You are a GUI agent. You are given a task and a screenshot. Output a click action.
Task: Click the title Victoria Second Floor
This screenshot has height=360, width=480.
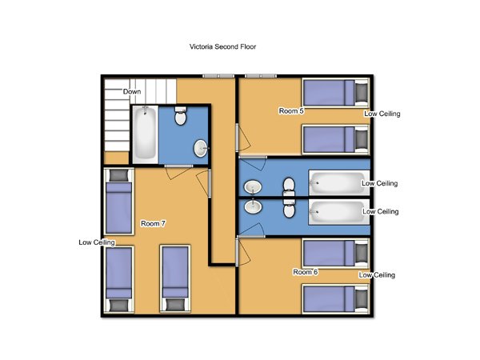(222, 46)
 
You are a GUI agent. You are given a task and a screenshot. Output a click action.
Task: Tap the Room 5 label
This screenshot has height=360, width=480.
(291, 111)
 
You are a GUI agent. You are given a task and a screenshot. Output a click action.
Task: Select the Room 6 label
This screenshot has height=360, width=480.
(306, 272)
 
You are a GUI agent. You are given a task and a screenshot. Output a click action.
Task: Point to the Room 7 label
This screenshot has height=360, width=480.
(153, 223)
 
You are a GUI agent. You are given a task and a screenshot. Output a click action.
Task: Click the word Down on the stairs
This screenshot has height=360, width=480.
(132, 91)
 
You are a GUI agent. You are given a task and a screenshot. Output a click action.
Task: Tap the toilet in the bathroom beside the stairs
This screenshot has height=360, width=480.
(180, 116)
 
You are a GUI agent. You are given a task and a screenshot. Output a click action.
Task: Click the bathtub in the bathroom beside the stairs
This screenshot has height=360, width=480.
(145, 133)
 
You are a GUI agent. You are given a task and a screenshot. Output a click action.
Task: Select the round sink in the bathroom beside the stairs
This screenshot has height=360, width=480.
(201, 148)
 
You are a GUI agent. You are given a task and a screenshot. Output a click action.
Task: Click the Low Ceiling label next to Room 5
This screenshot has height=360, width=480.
(382, 114)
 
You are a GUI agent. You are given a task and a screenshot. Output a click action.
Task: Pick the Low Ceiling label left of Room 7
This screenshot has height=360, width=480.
(97, 242)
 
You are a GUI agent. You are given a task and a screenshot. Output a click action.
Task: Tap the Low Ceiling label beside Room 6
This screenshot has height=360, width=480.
(377, 275)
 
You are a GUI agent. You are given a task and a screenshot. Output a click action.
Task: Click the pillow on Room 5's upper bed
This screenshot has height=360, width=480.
(362, 92)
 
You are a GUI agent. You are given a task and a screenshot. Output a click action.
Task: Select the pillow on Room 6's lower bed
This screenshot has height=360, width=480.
(362, 299)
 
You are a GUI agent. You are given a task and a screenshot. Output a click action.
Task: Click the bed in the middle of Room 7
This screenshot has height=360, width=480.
(175, 278)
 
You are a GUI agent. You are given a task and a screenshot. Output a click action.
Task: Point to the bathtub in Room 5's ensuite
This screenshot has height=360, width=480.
(339, 182)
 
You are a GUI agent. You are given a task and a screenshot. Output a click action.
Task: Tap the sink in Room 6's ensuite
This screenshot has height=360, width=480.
(253, 206)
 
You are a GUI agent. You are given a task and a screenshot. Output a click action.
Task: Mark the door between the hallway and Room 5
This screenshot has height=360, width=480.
(244, 137)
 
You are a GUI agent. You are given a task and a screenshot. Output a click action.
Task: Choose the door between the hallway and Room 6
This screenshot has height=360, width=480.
(243, 252)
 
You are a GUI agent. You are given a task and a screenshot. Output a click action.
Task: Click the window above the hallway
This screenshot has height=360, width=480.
(218, 76)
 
